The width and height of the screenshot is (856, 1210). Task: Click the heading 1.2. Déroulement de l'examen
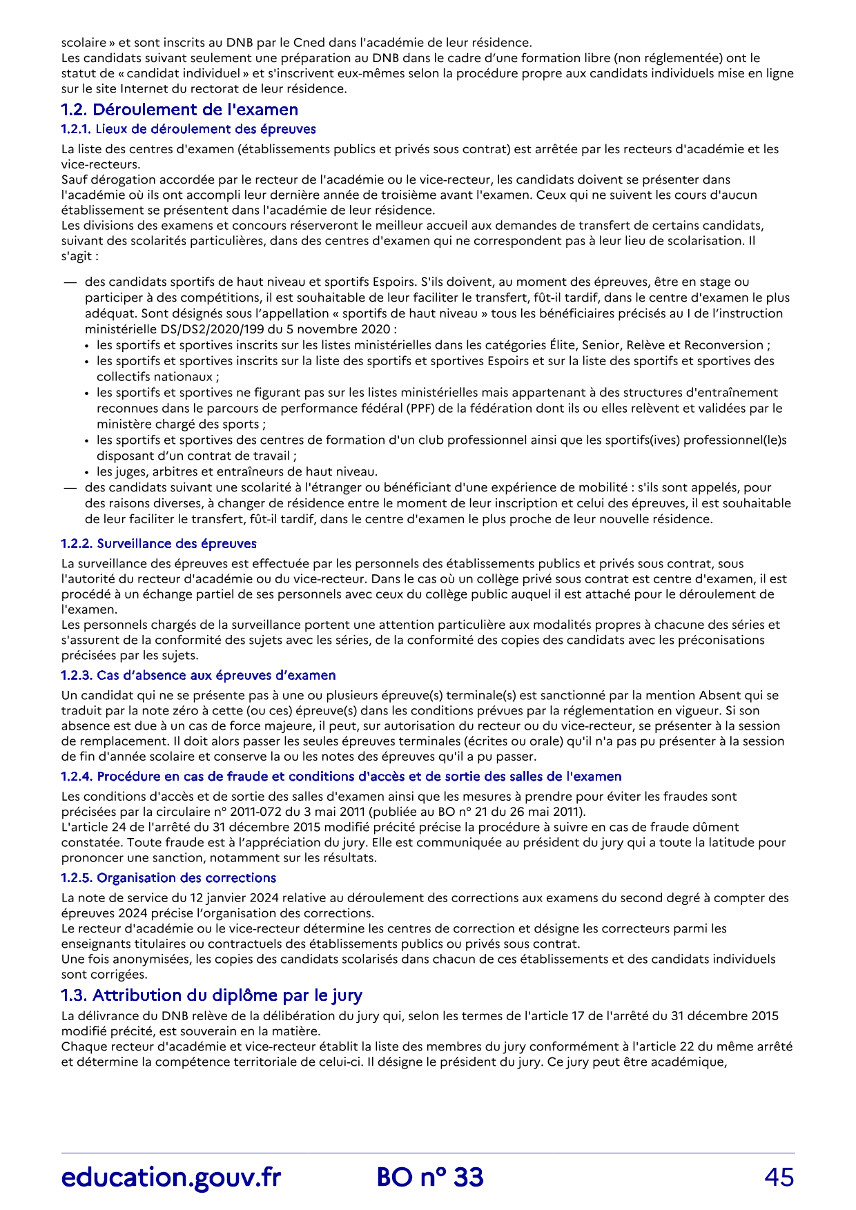pyautogui.click(x=179, y=110)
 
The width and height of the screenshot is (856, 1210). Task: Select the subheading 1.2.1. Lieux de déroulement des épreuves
pyautogui.click(x=188, y=129)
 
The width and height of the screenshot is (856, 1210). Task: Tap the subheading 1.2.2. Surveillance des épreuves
pyautogui.click(x=159, y=544)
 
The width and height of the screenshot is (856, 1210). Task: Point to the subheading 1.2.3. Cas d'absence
pyautogui.click(x=198, y=675)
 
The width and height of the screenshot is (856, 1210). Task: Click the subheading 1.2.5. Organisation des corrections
pyautogui.click(x=168, y=878)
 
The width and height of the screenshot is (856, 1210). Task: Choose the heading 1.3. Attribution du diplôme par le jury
pyautogui.click(x=211, y=995)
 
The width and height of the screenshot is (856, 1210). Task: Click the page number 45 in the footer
pyautogui.click(x=779, y=1178)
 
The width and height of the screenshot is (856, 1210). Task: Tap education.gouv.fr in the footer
pyautogui.click(x=171, y=1178)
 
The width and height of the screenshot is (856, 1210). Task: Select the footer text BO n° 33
pyautogui.click(x=430, y=1178)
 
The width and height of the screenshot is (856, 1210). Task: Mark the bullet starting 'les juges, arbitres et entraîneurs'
pyautogui.click(x=237, y=471)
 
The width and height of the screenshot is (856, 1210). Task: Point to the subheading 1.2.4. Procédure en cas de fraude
pyautogui.click(x=341, y=777)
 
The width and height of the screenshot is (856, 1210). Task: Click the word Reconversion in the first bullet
pyautogui.click(x=729, y=345)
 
